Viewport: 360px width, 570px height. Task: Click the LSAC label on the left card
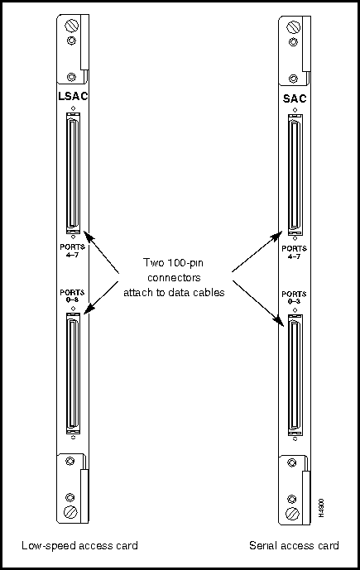73,96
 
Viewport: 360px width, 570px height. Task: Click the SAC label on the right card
295,98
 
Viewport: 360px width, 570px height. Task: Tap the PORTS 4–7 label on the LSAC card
72,251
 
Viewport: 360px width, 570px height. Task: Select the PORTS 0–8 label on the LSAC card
72,296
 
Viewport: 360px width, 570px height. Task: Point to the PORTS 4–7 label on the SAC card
294,252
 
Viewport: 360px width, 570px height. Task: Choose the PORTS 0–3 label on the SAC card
294,297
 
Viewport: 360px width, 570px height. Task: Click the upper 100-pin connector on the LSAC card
73,173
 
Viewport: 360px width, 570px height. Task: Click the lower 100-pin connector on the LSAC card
73,373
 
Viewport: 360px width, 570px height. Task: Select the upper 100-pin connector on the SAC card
295,175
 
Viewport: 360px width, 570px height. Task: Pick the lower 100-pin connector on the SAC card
295,375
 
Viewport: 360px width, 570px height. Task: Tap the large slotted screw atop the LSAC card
71,26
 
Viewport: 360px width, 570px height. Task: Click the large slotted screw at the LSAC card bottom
70,512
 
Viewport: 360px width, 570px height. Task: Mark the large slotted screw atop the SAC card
293,27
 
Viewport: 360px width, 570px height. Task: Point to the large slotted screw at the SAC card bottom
292,514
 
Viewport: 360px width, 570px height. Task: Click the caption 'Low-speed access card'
79,546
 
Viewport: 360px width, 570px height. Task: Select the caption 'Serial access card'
294,545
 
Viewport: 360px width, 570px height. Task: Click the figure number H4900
321,507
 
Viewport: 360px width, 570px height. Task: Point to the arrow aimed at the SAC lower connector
258,302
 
